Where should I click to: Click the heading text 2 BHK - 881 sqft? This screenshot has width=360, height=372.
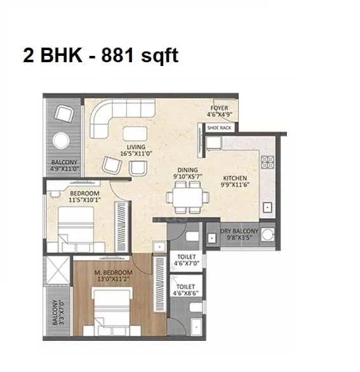pyautogui.click(x=100, y=55)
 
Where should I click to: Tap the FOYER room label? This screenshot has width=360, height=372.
pyautogui.click(x=220, y=112)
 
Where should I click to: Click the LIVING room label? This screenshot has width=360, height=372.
pyautogui.click(x=137, y=150)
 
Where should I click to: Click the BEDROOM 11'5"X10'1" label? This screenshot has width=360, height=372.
pyautogui.click(x=84, y=196)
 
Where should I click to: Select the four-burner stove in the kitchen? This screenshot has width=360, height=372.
pyautogui.click(x=267, y=166)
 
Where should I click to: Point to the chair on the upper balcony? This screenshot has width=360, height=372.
pyautogui.click(x=64, y=114)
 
